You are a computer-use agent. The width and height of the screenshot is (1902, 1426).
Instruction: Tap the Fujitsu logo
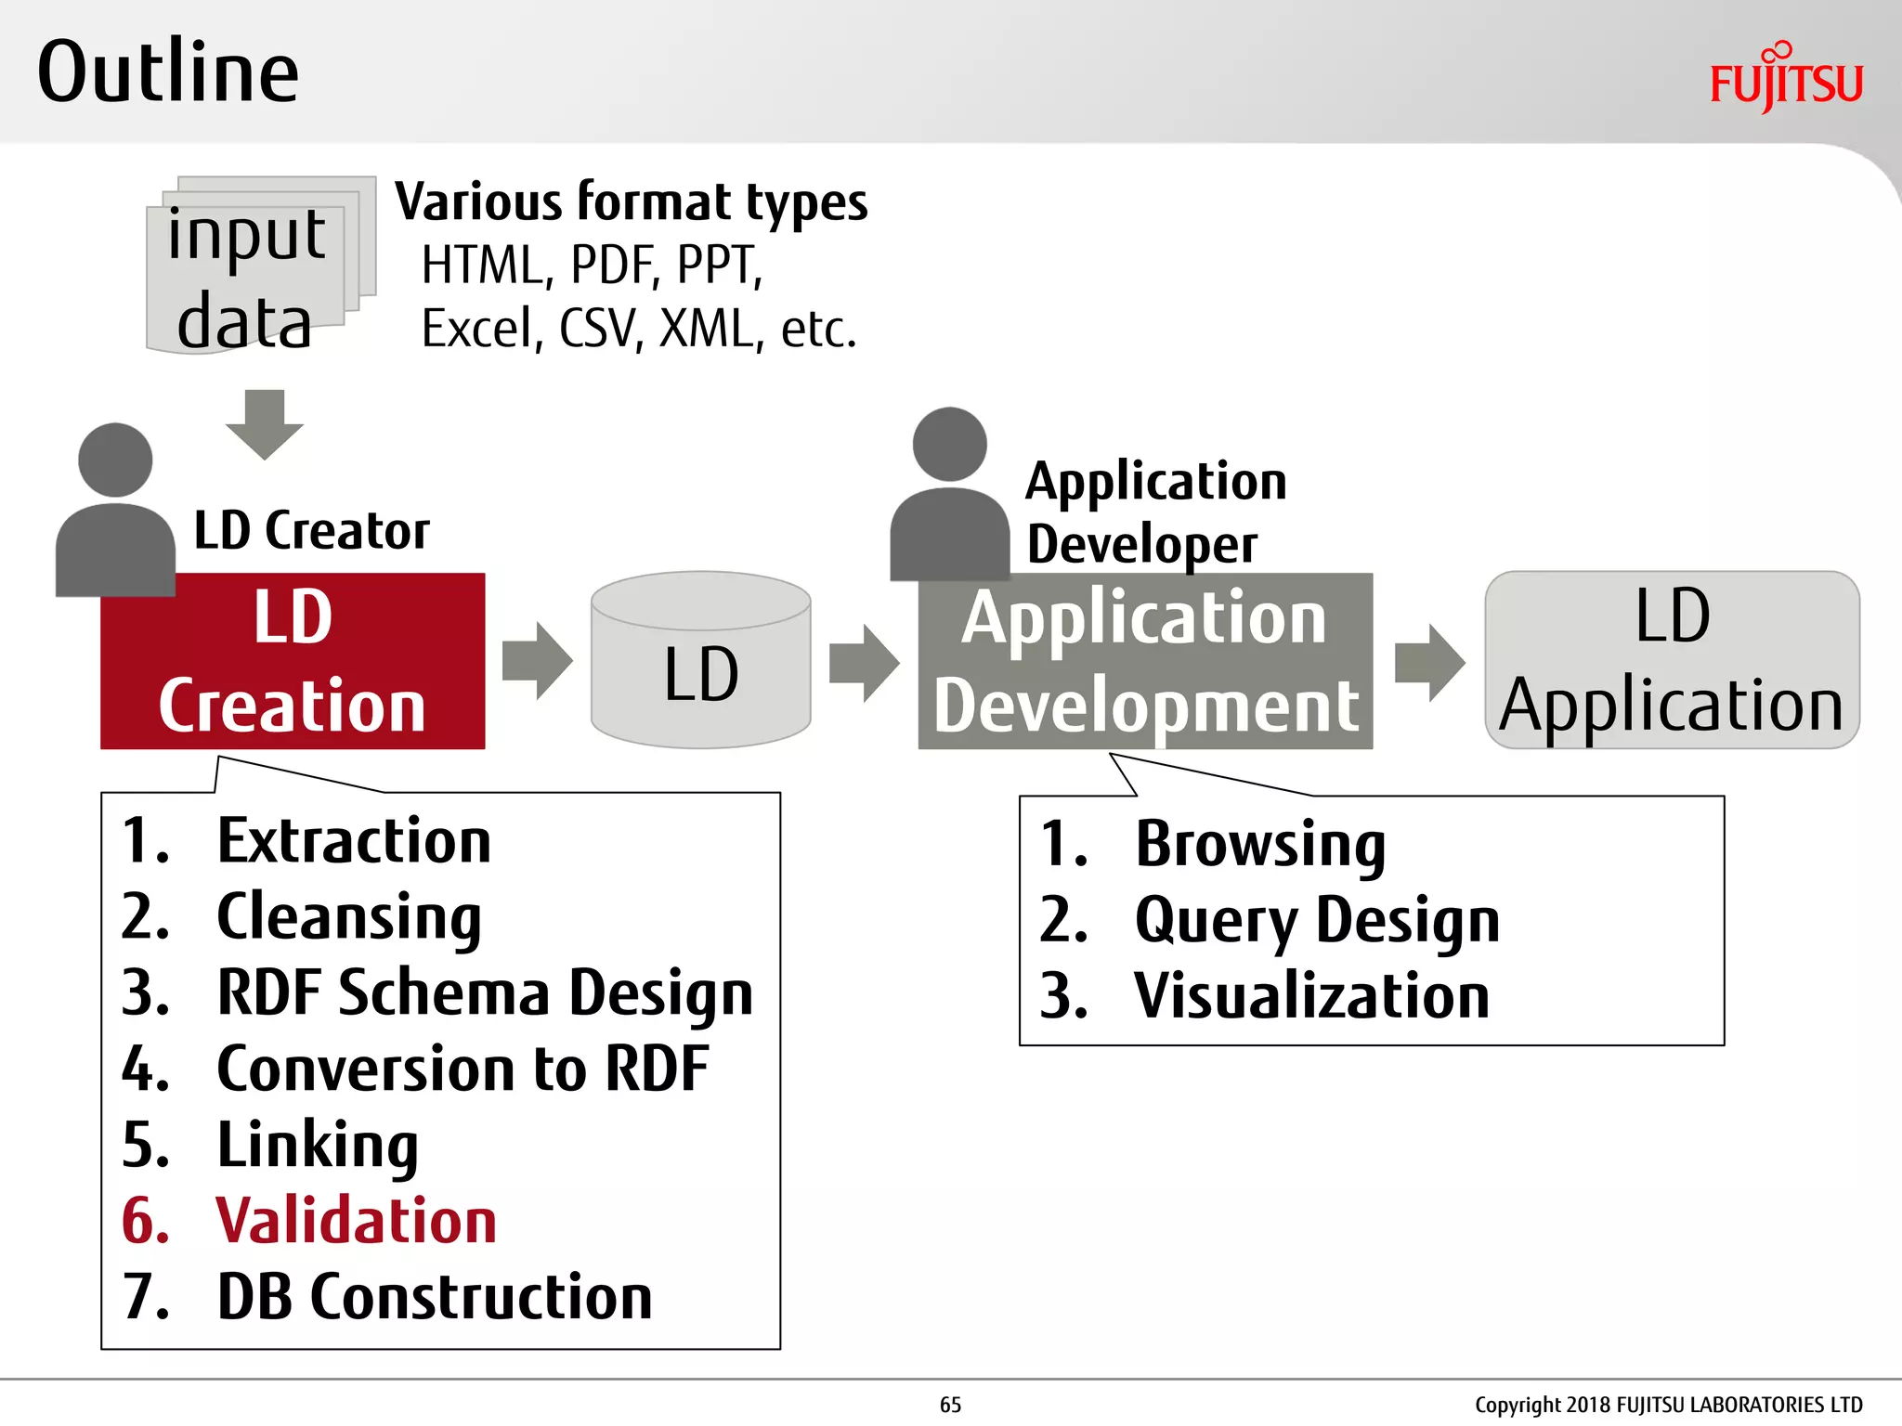pyautogui.click(x=1786, y=79)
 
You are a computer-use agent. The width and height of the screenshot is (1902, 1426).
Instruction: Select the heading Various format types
pyautogui.click(x=632, y=202)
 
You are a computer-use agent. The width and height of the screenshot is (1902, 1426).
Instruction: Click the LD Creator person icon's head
pyautogui.click(x=115, y=460)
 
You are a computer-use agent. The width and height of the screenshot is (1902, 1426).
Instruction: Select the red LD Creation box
pyautogui.click(x=293, y=661)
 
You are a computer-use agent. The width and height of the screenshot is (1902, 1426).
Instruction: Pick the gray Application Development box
pyautogui.click(x=1145, y=661)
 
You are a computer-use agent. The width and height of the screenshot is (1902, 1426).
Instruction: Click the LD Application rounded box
pyautogui.click(x=1672, y=661)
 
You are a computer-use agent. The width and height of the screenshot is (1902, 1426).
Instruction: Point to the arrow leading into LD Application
pyautogui.click(x=1429, y=662)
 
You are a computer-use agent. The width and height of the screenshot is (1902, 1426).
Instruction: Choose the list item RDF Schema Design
pyautogui.click(x=484, y=992)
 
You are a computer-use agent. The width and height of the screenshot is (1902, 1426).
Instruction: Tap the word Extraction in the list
pyautogui.click(x=354, y=841)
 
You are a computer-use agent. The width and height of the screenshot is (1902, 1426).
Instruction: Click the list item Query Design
pyautogui.click(x=1316, y=920)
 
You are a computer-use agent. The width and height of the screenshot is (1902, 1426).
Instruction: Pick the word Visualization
pyautogui.click(x=1311, y=996)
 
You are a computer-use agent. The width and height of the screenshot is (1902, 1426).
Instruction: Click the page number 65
pyautogui.click(x=950, y=1405)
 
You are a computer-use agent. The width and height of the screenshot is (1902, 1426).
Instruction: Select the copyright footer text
pyautogui.click(x=1668, y=1405)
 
